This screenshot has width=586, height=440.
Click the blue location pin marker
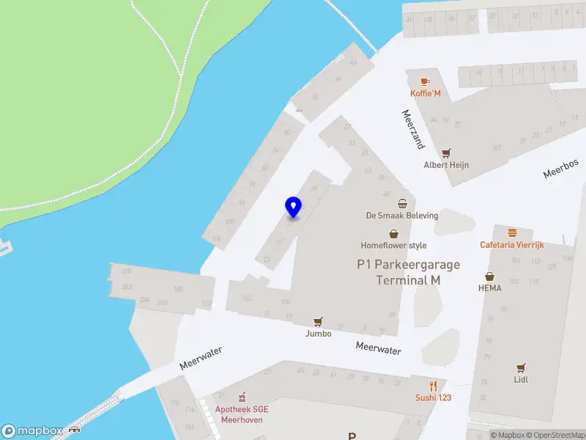pos(293,208)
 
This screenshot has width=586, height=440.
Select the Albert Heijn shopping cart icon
pos(445,153)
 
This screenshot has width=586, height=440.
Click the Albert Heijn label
pos(446,165)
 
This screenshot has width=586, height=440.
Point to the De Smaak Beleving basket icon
pos(402,203)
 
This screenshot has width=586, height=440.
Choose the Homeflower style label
pos(393,246)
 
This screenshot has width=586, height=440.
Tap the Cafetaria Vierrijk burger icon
pos(511,232)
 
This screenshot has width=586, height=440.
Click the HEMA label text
pos(489,288)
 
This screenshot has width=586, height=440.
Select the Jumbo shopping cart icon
pos(318,322)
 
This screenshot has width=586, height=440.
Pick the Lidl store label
pos(521,379)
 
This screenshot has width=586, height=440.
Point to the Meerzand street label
pos(413,129)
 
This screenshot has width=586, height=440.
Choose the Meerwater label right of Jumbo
pos(379,350)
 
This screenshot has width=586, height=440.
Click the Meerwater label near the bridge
pos(200,358)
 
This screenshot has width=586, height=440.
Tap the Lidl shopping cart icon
pos(521,367)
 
